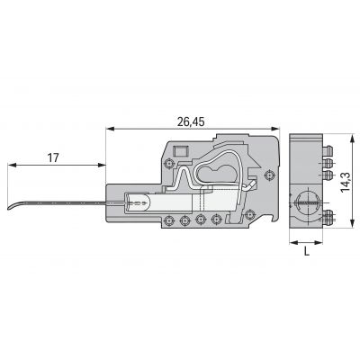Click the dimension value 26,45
point(191,121)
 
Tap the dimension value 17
point(53,157)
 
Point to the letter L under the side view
point(306,251)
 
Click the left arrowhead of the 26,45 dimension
point(110,129)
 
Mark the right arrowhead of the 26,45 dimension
point(275,129)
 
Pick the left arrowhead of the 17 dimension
point(12,165)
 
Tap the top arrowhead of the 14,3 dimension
point(352,139)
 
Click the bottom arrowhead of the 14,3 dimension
point(352,223)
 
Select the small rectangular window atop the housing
point(180,150)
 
